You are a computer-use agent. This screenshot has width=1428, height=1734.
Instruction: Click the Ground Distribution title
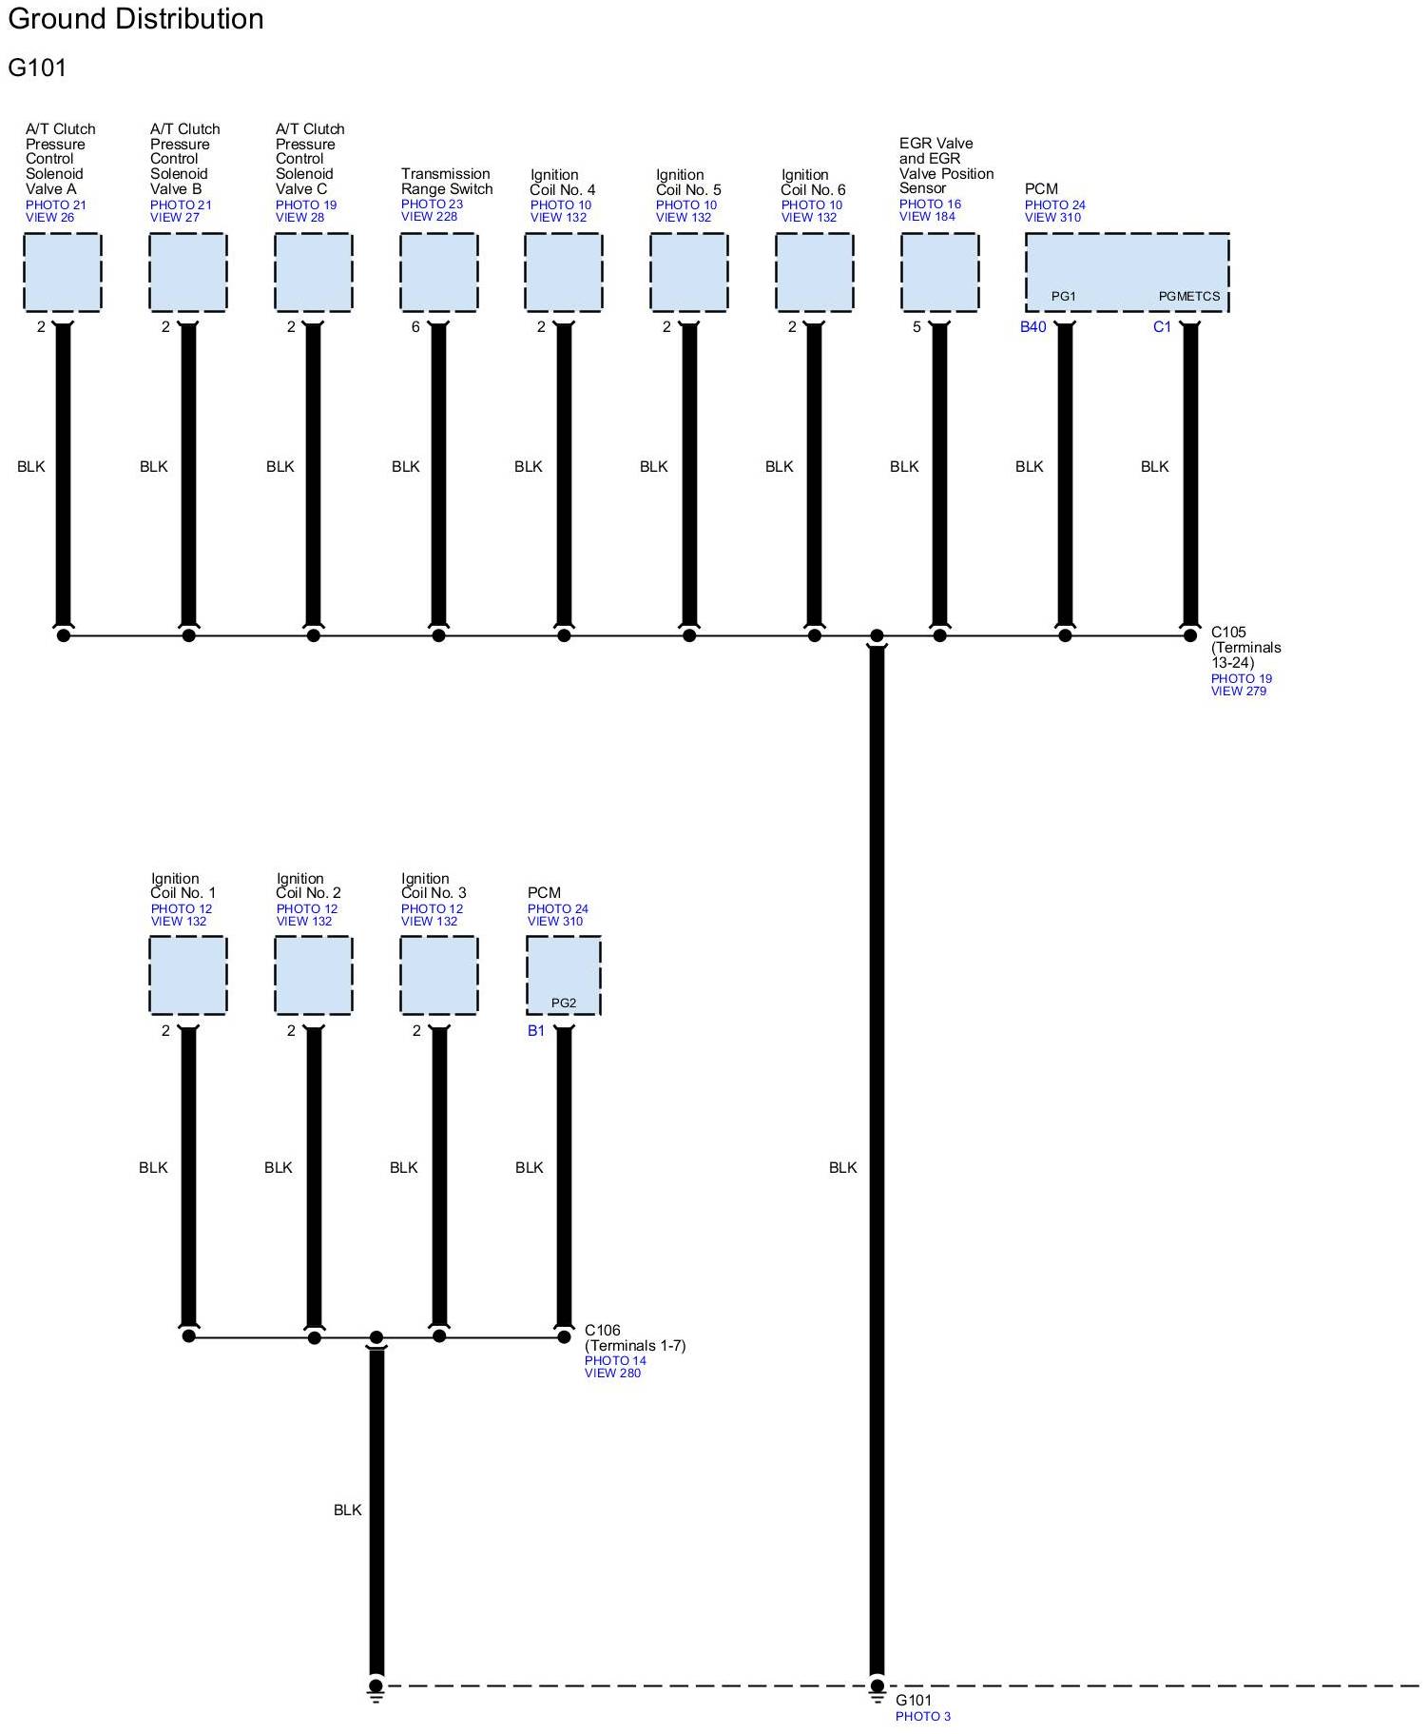click(x=135, y=19)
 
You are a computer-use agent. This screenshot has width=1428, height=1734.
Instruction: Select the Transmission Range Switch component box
click(x=438, y=272)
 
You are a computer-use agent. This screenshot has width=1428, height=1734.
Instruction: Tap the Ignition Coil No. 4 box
click(x=563, y=272)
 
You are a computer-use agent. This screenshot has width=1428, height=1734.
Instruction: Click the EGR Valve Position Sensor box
click(x=939, y=272)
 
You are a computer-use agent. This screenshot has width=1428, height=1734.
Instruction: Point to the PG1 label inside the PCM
click(x=1063, y=297)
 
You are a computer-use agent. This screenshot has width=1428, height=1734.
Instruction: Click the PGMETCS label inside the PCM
click(x=1188, y=297)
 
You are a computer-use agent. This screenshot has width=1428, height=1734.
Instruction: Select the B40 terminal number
click(x=1032, y=327)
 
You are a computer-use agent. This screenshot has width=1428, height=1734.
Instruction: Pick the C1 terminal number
click(x=1162, y=327)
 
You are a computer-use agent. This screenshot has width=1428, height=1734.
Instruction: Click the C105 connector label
click(x=1228, y=633)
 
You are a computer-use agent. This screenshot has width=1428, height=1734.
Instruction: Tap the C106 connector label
click(x=602, y=1331)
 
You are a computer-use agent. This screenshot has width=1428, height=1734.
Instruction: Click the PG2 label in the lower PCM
click(x=564, y=1003)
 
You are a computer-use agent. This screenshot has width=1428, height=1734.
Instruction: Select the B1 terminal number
click(x=536, y=1031)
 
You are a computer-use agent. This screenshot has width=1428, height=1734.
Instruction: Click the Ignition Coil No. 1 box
click(x=188, y=975)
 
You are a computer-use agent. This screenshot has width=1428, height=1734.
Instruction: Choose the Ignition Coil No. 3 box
click(x=438, y=975)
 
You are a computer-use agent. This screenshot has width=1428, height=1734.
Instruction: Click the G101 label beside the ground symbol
click(x=914, y=1701)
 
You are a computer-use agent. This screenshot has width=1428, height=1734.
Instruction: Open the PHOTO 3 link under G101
click(x=922, y=1717)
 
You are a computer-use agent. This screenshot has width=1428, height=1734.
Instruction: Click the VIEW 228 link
click(x=429, y=217)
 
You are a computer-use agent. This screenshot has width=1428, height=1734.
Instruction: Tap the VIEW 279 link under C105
click(x=1238, y=692)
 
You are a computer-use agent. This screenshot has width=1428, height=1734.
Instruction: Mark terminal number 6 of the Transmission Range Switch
click(x=415, y=327)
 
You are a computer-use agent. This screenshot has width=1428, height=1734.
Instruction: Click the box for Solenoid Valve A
click(x=62, y=272)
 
